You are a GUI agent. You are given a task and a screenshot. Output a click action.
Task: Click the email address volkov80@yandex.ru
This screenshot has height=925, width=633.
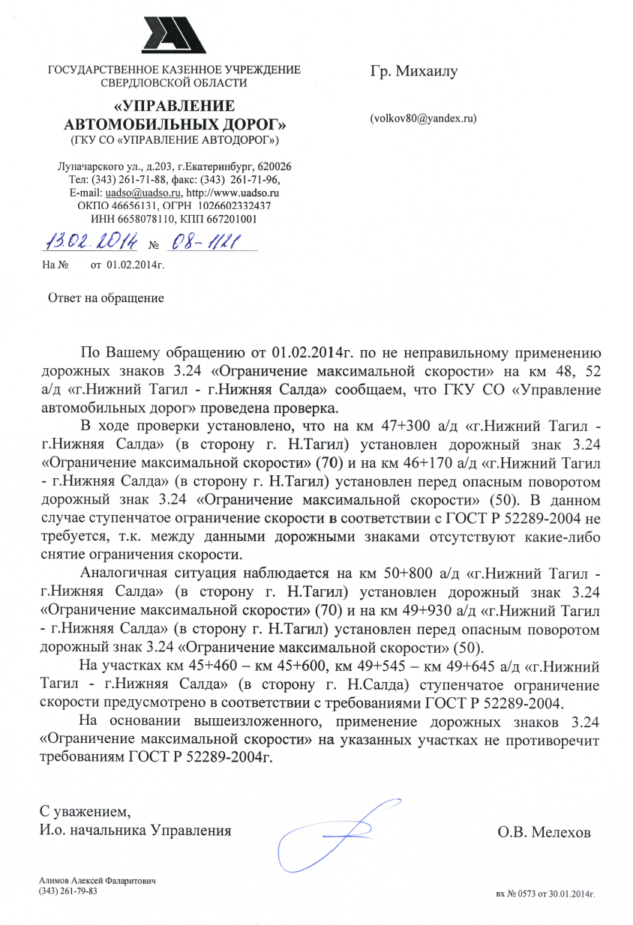coord(423,118)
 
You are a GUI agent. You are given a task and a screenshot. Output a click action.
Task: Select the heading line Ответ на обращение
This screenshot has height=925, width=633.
coord(106,298)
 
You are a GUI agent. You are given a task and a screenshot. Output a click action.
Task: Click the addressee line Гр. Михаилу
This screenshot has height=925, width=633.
coord(413,72)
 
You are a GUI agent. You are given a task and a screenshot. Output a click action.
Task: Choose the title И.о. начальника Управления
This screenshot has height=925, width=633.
coord(135,830)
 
